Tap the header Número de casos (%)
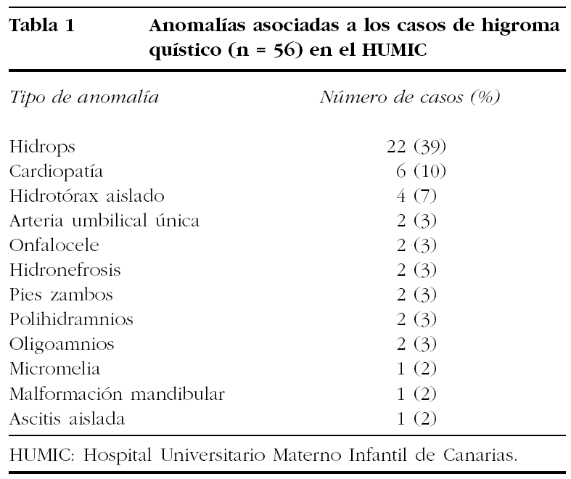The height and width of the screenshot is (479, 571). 411,97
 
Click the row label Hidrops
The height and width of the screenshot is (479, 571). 43,147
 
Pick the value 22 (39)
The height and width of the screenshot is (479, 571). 416,147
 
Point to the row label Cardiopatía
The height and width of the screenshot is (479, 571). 57,171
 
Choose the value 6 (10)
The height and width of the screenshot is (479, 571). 421,171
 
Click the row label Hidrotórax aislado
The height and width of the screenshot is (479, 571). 87,196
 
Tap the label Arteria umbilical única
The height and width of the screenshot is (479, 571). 104,221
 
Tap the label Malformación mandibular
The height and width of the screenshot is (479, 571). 118,394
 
